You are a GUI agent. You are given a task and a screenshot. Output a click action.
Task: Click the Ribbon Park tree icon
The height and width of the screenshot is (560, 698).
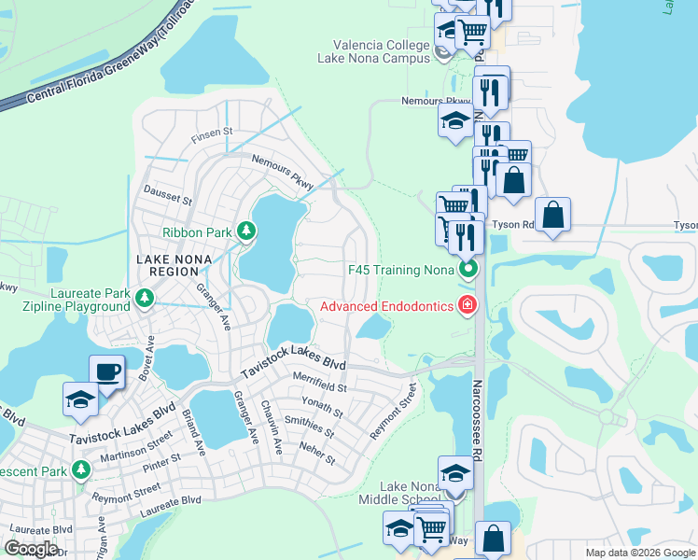click(246, 231)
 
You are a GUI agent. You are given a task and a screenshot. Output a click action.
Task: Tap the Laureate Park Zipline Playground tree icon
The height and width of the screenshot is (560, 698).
click(144, 299)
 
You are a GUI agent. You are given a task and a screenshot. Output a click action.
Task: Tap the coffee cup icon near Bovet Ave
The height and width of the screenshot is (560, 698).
click(106, 372)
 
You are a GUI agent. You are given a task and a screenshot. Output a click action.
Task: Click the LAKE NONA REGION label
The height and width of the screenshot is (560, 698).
click(180, 265)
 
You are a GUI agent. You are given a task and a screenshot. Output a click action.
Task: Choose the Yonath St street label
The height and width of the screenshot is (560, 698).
click(316, 407)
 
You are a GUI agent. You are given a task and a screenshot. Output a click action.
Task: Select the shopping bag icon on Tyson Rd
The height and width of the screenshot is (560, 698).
click(553, 216)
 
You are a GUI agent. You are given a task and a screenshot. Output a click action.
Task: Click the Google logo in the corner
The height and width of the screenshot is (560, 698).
click(32, 549)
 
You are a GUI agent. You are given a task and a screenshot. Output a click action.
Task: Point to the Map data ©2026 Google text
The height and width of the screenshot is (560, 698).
click(639, 553)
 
